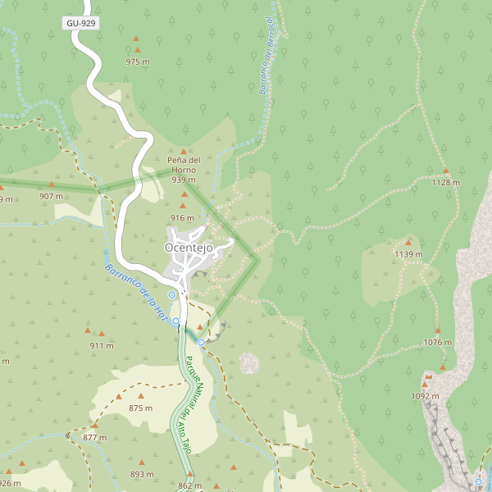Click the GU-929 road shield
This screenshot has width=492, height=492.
[81, 23]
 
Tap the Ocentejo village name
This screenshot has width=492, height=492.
[189, 248]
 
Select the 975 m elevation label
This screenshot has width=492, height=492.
[138, 61]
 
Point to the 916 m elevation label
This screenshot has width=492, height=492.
[183, 217]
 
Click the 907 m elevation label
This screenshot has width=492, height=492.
[51, 196]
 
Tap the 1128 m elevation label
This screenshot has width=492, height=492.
[446, 182]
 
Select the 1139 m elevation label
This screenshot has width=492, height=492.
[408, 254]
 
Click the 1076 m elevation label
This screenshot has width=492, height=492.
[438, 342]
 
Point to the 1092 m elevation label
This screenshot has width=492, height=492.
[425, 396]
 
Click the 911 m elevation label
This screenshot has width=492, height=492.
[102, 345]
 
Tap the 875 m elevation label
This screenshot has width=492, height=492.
[141, 408]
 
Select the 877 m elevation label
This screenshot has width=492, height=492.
[95, 437]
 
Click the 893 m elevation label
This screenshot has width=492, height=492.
[142, 474]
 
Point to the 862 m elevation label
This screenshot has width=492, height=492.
[189, 485]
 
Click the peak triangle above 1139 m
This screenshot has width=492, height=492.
[408, 243]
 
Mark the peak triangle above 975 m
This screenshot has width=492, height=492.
[137, 38]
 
